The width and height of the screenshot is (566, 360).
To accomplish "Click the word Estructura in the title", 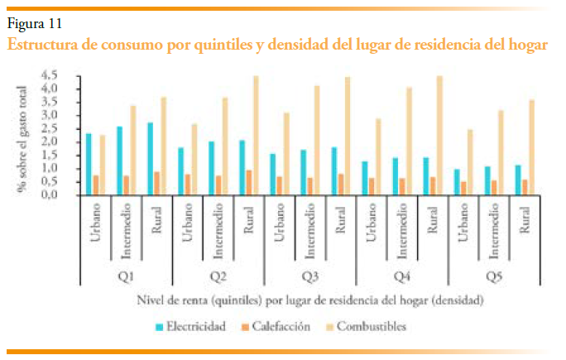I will pos(48,45).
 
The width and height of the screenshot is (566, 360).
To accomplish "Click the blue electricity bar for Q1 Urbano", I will pos(89,164).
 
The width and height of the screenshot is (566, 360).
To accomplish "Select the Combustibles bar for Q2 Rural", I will pos(255,136).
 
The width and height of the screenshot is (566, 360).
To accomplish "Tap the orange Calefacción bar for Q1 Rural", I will pos(156,183).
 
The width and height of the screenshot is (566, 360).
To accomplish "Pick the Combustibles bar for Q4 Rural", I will pos(439,136).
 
